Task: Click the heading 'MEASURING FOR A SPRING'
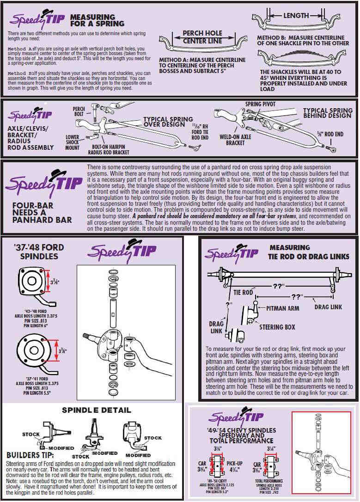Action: pos(97,20)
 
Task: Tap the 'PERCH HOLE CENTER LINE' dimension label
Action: pos(202,37)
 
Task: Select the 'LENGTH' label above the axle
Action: pos(296,15)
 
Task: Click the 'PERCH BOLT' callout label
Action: pos(79,111)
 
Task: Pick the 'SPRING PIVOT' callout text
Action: pos(259,104)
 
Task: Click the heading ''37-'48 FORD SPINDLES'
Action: pos(38,251)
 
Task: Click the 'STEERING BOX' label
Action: pos(277,327)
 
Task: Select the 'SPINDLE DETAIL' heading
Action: pos(97,410)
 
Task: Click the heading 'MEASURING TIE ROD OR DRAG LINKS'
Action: pos(309,252)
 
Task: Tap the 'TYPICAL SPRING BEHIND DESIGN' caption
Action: pos(327,113)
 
